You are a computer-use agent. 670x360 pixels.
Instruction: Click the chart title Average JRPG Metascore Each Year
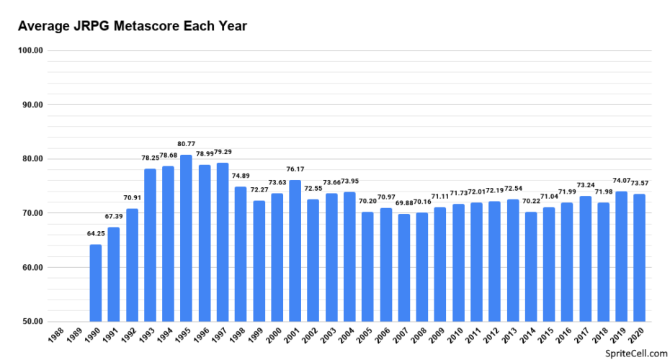click(x=133, y=27)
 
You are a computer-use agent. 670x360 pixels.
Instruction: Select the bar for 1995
click(x=186, y=238)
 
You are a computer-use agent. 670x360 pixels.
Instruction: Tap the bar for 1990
click(x=96, y=283)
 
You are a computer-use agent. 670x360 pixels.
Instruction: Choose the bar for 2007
click(x=403, y=268)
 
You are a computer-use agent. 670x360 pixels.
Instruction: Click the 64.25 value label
click(x=96, y=235)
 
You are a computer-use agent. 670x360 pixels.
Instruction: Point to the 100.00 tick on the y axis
click(x=30, y=50)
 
